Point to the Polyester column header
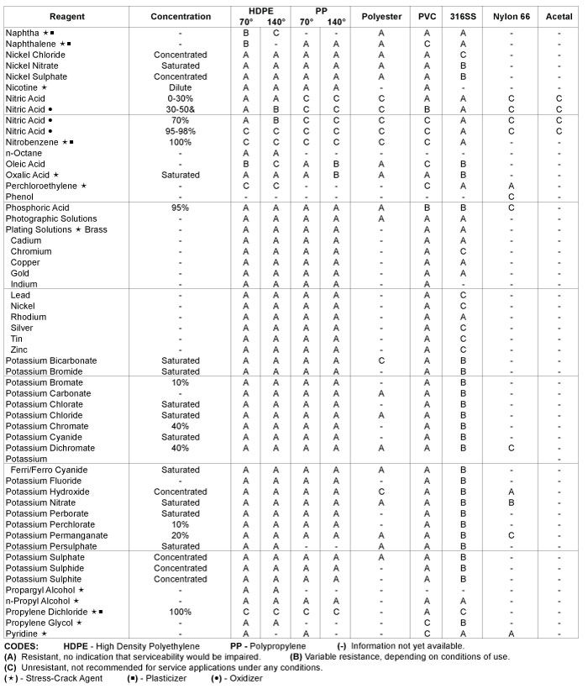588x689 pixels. [381, 16]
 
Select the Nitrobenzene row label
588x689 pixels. [38, 142]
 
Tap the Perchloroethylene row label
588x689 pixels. [46, 186]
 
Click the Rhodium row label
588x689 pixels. [28, 317]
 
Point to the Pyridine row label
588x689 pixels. [25, 634]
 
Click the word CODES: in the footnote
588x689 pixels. [23, 645]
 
